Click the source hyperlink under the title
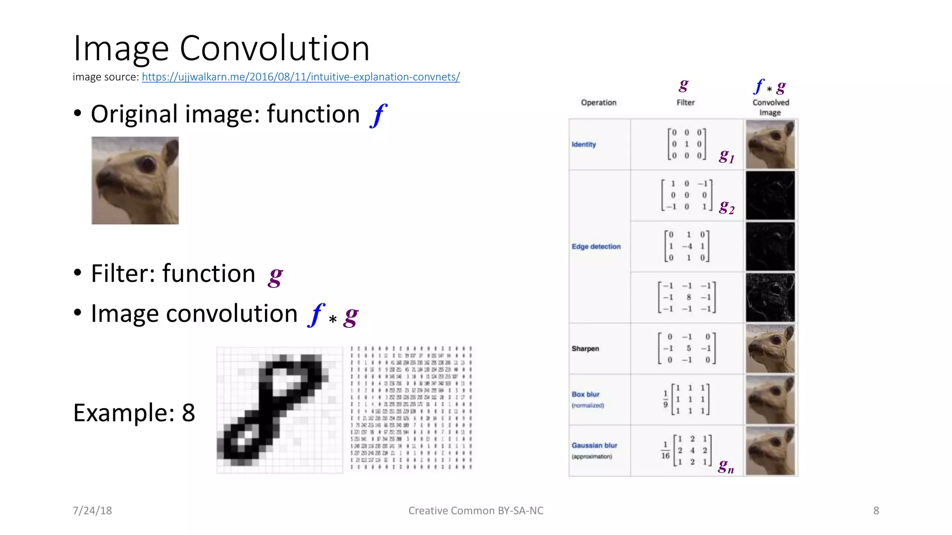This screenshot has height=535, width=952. (x=301, y=77)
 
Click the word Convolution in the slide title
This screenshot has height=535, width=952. (x=274, y=48)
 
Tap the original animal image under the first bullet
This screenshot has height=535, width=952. (x=135, y=180)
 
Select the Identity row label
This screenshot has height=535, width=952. (x=584, y=144)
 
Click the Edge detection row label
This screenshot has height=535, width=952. (x=596, y=247)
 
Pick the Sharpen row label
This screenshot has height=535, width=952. (x=585, y=349)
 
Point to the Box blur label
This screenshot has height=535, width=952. (x=586, y=394)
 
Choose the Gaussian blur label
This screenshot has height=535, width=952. (x=595, y=445)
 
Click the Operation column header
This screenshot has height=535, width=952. (x=599, y=103)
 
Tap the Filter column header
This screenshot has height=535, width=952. (x=686, y=103)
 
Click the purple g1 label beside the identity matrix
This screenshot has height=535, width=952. (x=727, y=156)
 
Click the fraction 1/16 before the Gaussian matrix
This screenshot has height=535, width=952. (x=665, y=450)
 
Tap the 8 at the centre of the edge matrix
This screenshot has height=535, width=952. (x=688, y=297)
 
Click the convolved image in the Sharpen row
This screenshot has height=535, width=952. (x=770, y=349)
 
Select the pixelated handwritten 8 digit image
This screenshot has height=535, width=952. (x=280, y=410)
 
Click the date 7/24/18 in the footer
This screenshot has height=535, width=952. (x=92, y=510)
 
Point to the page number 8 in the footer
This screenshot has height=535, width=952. (x=876, y=510)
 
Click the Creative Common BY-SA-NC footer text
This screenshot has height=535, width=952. (x=476, y=510)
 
